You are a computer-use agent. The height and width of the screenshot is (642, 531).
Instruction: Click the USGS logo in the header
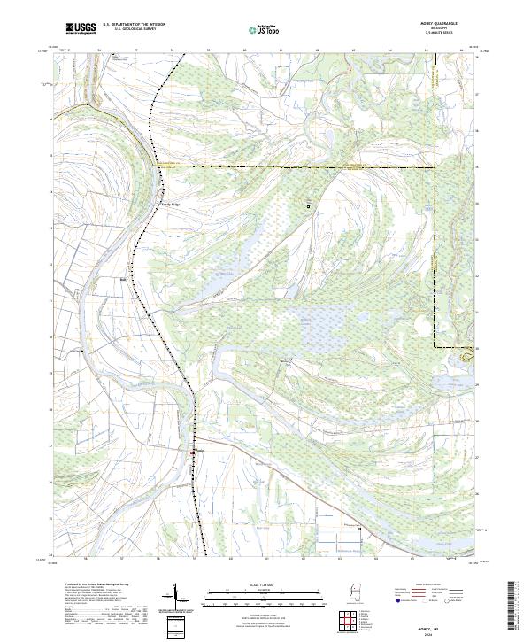point(81,28)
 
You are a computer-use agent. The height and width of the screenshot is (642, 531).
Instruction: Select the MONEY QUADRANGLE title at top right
point(441,24)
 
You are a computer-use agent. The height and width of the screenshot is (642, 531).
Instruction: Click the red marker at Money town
point(193,452)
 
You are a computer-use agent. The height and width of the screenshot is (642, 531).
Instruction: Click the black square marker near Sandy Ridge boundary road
point(309,206)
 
